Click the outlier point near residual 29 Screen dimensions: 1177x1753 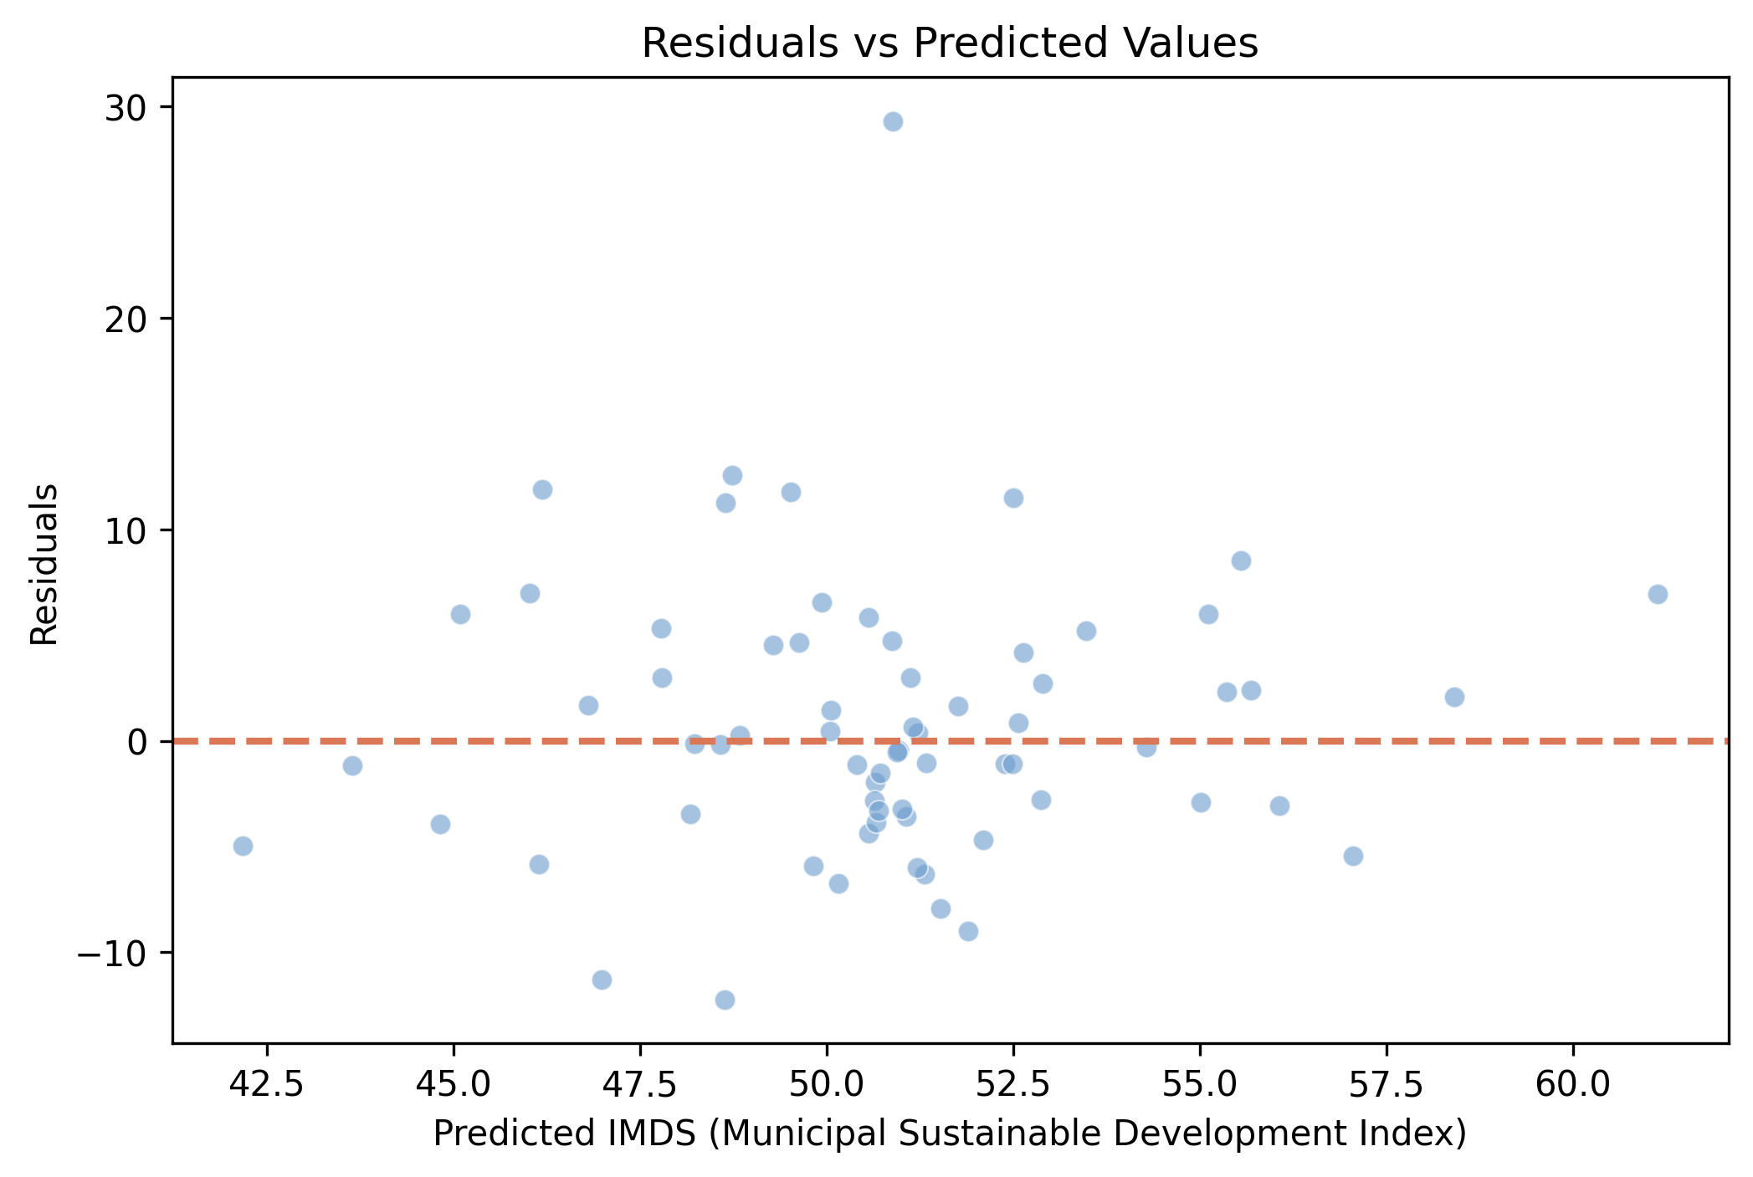[893, 122]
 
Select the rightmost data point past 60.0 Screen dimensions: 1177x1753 [1658, 595]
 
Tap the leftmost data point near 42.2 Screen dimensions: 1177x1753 [243, 846]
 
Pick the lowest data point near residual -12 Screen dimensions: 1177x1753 [725, 1000]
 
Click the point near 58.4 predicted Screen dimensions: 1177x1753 [1454, 698]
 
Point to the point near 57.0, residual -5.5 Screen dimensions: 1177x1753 [1353, 856]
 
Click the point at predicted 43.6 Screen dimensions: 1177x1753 [352, 765]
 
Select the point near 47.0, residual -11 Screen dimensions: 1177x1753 [602, 980]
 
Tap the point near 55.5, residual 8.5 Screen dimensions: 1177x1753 [1241, 561]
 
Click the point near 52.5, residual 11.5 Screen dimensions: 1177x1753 [1013, 499]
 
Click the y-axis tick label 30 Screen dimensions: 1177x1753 [126, 108]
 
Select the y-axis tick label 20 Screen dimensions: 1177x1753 [126, 320]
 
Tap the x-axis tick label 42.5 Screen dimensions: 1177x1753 [267, 1083]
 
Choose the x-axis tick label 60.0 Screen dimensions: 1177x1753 [1573, 1083]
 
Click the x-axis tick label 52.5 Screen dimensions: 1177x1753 [1013, 1083]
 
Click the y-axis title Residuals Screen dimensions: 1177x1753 [44, 564]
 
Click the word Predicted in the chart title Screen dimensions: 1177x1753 [984, 43]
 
